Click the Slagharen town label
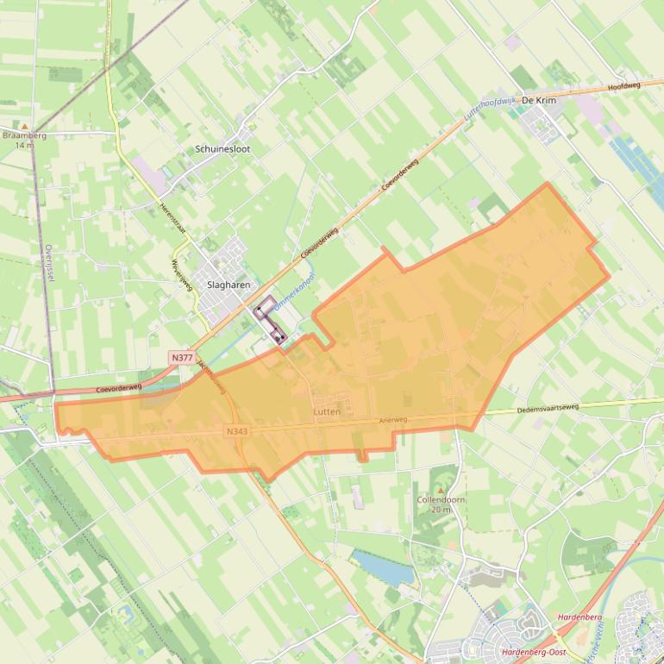click(x=229, y=284)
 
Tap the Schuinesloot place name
click(x=223, y=149)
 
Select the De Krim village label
click(x=539, y=101)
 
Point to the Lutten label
click(x=327, y=412)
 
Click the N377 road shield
click(x=182, y=357)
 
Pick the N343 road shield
click(x=236, y=431)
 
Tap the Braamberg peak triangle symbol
click(x=24, y=126)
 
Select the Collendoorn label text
click(x=441, y=500)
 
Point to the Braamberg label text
click(x=24, y=135)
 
